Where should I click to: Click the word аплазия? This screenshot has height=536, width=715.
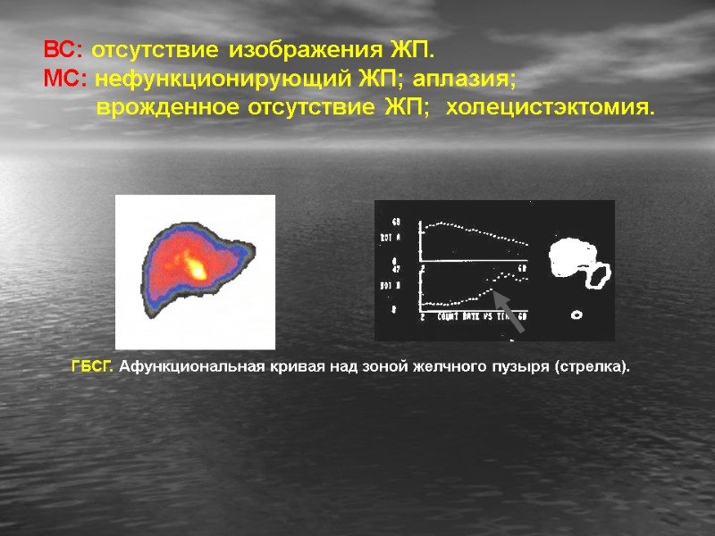[465, 79]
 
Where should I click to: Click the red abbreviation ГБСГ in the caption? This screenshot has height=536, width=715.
[91, 367]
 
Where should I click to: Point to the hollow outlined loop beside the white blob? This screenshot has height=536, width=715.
[598, 276]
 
